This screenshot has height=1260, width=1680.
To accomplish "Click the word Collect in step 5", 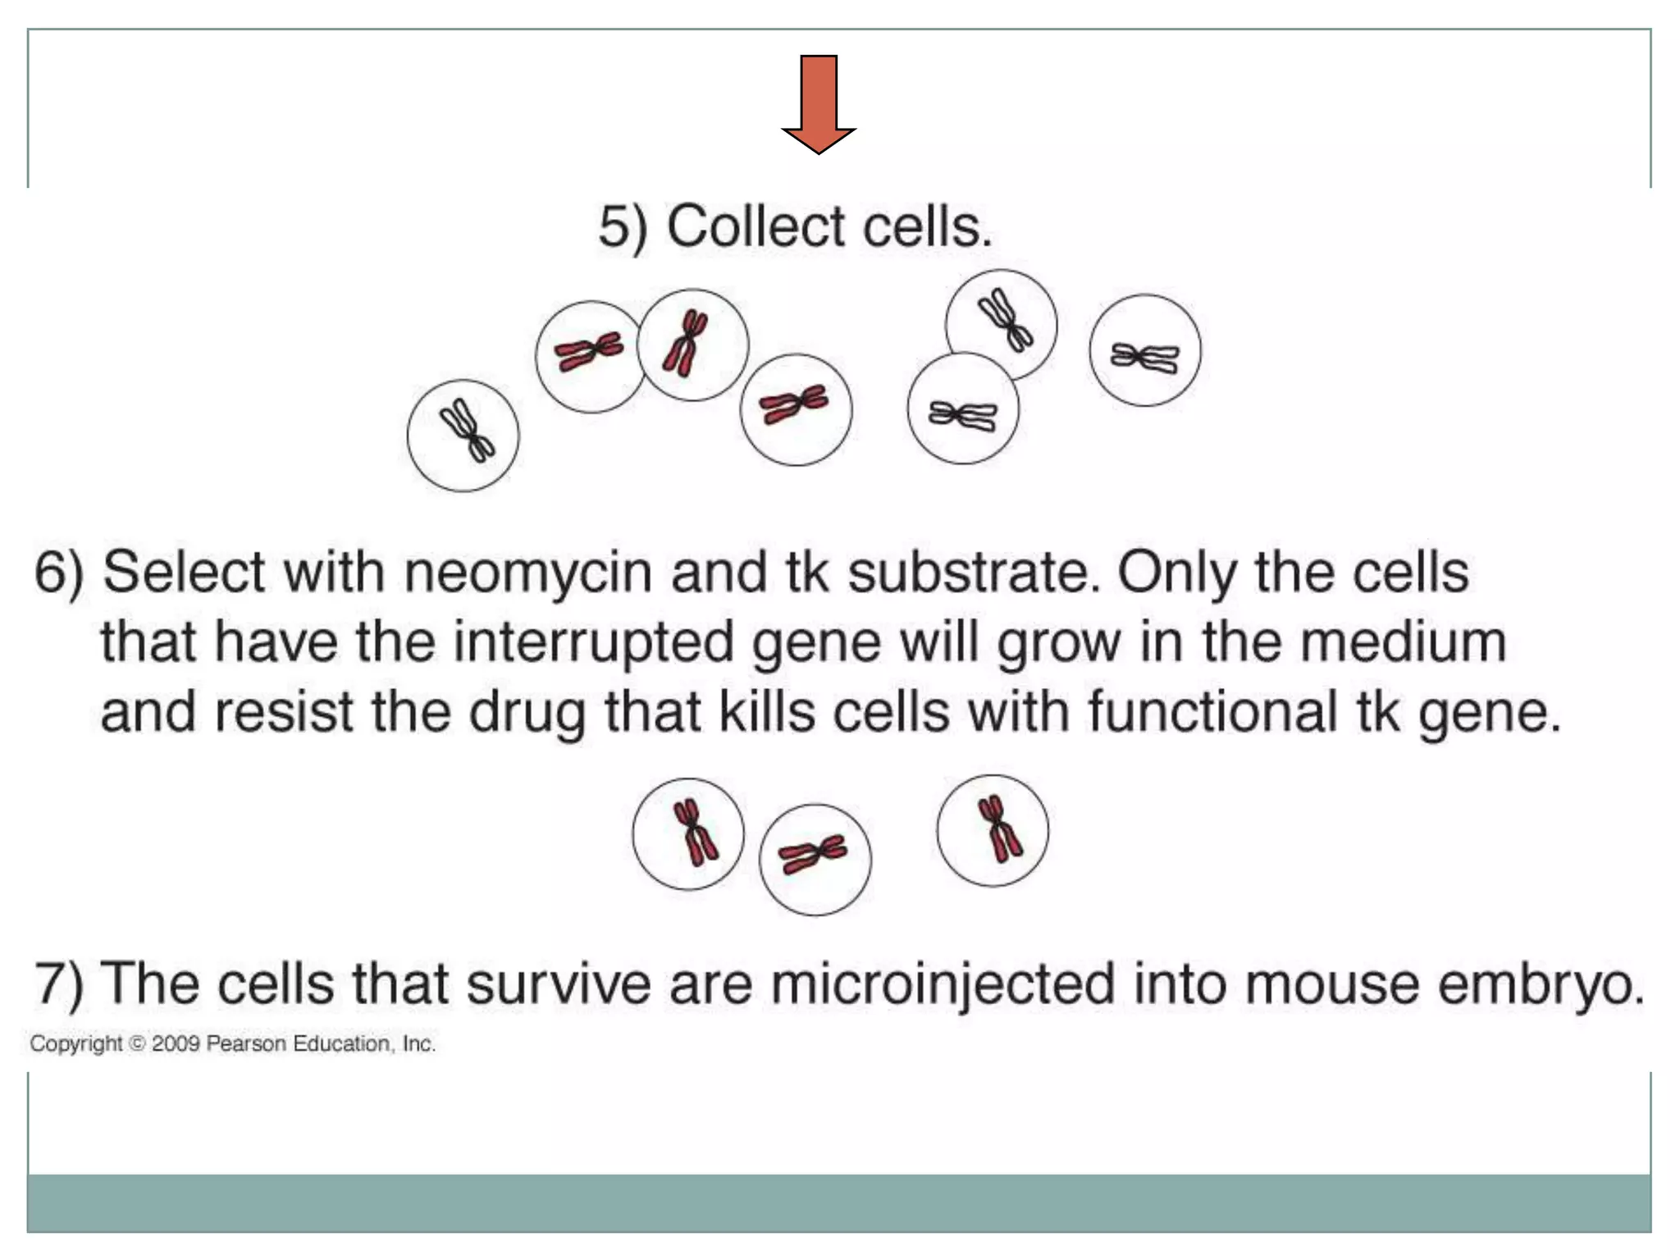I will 755,226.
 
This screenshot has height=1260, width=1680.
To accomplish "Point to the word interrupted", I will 593,641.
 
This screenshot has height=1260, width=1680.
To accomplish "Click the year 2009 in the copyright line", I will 175,1043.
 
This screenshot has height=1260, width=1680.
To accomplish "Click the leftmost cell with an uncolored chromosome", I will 463,435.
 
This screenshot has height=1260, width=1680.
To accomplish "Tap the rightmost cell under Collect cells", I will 1144,350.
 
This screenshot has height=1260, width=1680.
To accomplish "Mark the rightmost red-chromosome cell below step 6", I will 993,830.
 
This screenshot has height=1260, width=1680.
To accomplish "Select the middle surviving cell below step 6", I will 815,859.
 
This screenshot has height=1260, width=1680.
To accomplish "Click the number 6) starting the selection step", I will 59,572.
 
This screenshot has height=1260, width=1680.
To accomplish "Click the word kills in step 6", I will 767,711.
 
